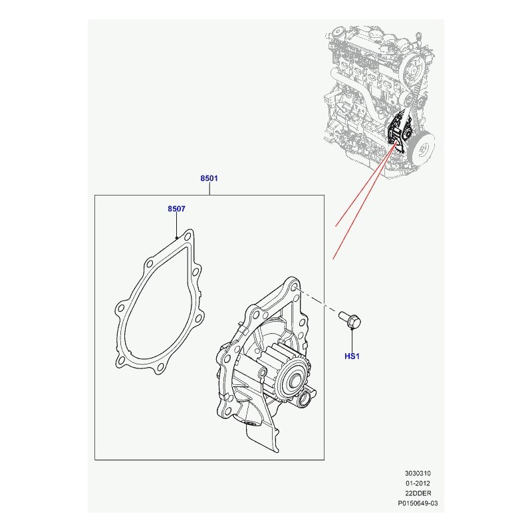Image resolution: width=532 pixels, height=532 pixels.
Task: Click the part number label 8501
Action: coord(209,178)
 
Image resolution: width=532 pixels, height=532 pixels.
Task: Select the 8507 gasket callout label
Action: coord(176,209)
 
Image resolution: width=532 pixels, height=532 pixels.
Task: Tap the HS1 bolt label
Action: coord(352,356)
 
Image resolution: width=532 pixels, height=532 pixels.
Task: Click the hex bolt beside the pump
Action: coord(350,319)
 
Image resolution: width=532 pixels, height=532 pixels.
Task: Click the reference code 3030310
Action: coord(418,473)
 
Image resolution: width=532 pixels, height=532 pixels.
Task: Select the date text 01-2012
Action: coord(418,483)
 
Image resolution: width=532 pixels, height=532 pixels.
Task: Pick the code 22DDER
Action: coord(418,493)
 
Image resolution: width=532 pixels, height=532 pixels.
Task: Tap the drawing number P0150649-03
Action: coord(418,503)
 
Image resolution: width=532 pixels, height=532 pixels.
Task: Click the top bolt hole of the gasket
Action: coord(188,236)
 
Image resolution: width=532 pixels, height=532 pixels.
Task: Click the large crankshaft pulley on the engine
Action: coord(422,148)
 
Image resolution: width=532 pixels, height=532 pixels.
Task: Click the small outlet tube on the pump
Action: coord(305,397)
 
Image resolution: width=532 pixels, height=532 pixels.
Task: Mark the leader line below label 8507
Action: coord(176,225)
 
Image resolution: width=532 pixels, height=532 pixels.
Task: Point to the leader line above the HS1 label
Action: coord(352,340)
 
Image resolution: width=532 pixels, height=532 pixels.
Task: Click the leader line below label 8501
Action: coord(209,189)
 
